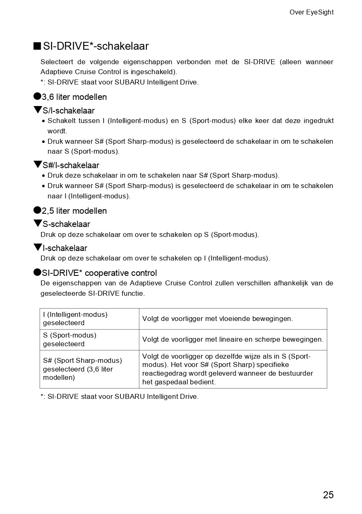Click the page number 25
pyautogui.click(x=328, y=495)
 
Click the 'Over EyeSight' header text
pyautogui.click(x=311, y=12)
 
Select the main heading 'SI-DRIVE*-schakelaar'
pyautogui.click(x=96, y=46)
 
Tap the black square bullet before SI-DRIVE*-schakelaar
pyautogui.click(x=37, y=46)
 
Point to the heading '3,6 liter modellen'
pyautogui.click(x=74, y=97)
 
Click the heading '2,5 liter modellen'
pyautogui.click(x=74, y=211)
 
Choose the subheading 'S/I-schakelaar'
pyautogui.click(x=69, y=111)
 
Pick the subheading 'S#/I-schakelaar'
pyautogui.click(x=71, y=165)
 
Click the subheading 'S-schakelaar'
pyautogui.click(x=66, y=224)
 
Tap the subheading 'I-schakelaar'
pyautogui.click(x=65, y=248)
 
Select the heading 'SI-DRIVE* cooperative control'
pyautogui.click(x=99, y=273)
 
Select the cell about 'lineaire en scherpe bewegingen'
pyautogui.click(x=233, y=340)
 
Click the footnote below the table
pyautogui.click(x=120, y=396)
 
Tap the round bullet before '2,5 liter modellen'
pyautogui.click(x=37, y=210)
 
